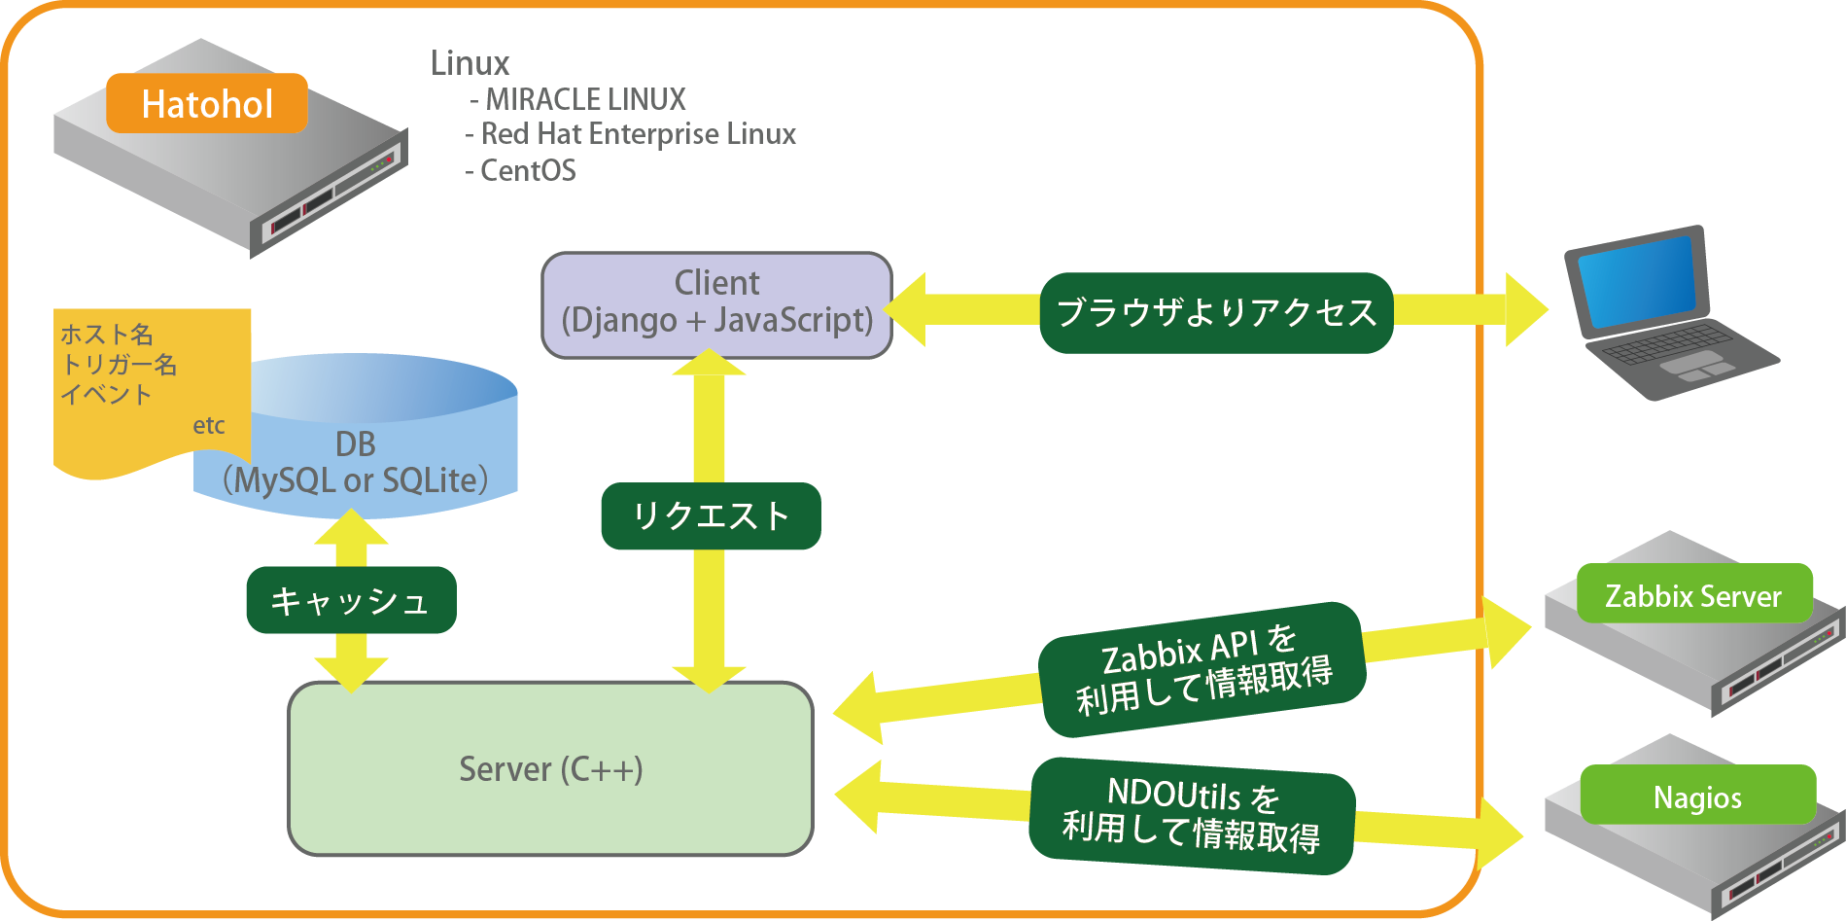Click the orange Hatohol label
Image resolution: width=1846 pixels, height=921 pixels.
pyautogui.click(x=207, y=103)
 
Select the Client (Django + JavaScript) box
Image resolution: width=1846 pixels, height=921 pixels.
pyautogui.click(x=716, y=304)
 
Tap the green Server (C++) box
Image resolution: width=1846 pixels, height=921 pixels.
pyautogui.click(x=550, y=768)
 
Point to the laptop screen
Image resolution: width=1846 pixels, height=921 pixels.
pyautogui.click(x=1637, y=278)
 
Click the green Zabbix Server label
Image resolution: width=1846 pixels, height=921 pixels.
pyautogui.click(x=1693, y=594)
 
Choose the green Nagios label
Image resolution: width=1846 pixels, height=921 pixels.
pyautogui.click(x=1697, y=796)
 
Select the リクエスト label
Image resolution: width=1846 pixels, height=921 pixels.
pyautogui.click(x=711, y=515)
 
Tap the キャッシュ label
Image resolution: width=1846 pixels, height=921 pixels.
pyautogui.click(x=351, y=600)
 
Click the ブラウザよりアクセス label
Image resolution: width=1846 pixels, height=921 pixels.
pyautogui.click(x=1216, y=312)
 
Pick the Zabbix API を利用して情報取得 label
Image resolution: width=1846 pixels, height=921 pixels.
pyautogui.click(x=1202, y=669)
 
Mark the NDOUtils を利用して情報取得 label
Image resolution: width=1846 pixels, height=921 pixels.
pyautogui.click(x=1192, y=815)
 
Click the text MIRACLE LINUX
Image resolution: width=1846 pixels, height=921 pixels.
pyautogui.click(x=586, y=99)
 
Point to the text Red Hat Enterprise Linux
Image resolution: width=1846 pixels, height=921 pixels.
pyautogui.click(x=639, y=134)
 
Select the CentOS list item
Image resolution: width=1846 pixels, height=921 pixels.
pyautogui.click(x=528, y=171)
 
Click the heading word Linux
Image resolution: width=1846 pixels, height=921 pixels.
pyautogui.click(x=470, y=63)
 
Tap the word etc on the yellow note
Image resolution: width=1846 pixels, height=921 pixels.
pyautogui.click(x=208, y=425)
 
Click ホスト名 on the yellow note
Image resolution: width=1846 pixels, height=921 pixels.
pyautogui.click(x=107, y=335)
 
